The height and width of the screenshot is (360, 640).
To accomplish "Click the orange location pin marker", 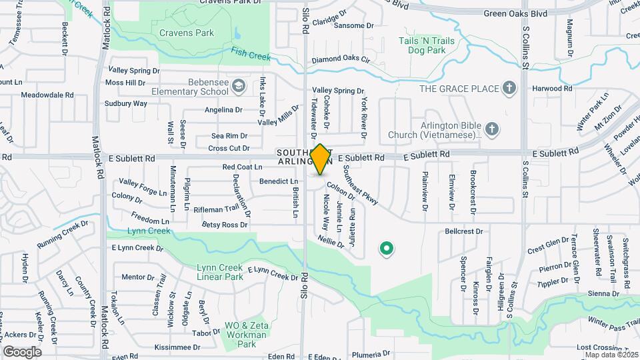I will pos(320,159).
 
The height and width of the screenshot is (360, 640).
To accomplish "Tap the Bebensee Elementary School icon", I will pos(239,86).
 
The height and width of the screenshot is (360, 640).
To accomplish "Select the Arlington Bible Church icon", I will pos(491,129).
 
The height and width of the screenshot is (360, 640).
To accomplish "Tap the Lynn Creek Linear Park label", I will pos(220,272).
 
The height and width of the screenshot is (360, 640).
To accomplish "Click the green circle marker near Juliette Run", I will pos(385,249).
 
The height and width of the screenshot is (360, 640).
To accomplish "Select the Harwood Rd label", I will pos(552,88).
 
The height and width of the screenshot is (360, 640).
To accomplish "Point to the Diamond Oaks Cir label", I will pos(341,59).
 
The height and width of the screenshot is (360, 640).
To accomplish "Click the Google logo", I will pos(22,352).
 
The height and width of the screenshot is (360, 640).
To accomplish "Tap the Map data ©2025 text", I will pos(611,355).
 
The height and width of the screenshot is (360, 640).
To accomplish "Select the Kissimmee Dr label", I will pos(177,347).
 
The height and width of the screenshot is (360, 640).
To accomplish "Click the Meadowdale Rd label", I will pos(47,95).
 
